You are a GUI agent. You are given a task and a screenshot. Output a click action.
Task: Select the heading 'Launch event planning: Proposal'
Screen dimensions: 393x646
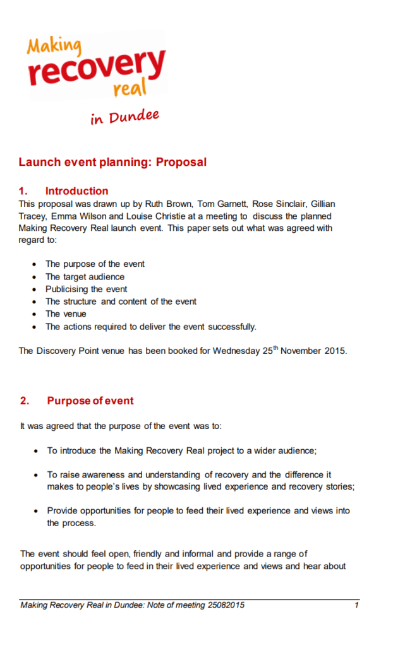(112, 162)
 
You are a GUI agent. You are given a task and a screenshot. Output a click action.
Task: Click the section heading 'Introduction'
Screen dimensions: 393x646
(76, 191)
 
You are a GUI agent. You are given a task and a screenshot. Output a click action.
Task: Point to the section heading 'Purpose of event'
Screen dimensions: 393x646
(90, 401)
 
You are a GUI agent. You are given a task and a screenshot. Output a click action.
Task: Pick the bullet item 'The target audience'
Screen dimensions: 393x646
(85, 276)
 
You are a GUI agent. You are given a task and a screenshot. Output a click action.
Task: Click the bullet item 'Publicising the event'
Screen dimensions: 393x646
(86, 289)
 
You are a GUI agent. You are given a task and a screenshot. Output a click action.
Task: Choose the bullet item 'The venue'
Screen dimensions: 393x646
(66, 314)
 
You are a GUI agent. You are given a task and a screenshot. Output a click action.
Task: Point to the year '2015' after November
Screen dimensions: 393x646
(335, 351)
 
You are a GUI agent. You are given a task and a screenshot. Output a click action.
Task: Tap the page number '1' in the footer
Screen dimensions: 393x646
(356, 606)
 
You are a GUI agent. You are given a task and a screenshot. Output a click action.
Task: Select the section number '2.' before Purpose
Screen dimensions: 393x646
(25, 401)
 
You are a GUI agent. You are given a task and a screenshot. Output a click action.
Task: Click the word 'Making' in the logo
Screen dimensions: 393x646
(54, 46)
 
